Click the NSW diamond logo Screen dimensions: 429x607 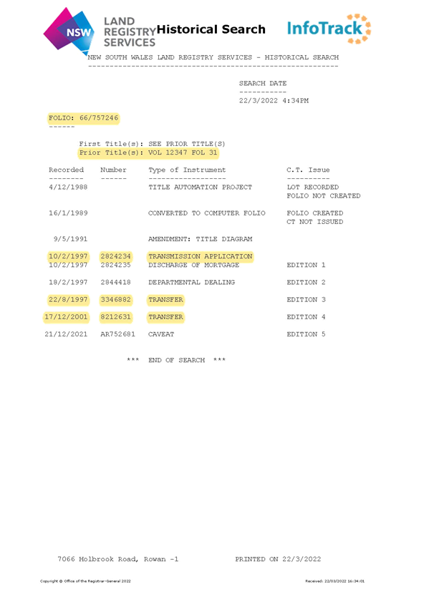[x=69, y=31]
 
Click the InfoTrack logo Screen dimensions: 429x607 [x=329, y=29]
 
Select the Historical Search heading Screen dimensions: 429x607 [x=211, y=29]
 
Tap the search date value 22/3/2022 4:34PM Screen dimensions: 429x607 [x=274, y=101]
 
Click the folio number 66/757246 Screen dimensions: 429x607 [x=99, y=117]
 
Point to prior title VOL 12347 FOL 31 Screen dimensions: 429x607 [x=183, y=152]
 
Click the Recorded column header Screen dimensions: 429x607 [x=66, y=170]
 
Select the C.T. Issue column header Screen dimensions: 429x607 [x=308, y=170]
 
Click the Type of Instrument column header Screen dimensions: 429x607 [x=187, y=170]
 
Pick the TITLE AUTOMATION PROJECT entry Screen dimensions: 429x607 [x=200, y=188]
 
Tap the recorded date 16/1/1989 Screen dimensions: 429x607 [x=68, y=213]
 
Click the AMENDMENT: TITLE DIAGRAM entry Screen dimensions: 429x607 [x=200, y=239]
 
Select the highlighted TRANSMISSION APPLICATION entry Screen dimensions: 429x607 [x=200, y=256]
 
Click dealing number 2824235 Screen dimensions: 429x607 [x=116, y=265]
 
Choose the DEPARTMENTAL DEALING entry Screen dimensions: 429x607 [x=192, y=283]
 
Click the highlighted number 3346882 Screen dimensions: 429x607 [x=116, y=300]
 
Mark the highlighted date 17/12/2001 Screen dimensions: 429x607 [x=66, y=317]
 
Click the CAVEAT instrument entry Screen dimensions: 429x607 [x=161, y=334]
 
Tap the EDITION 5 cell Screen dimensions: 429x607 [x=306, y=334]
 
